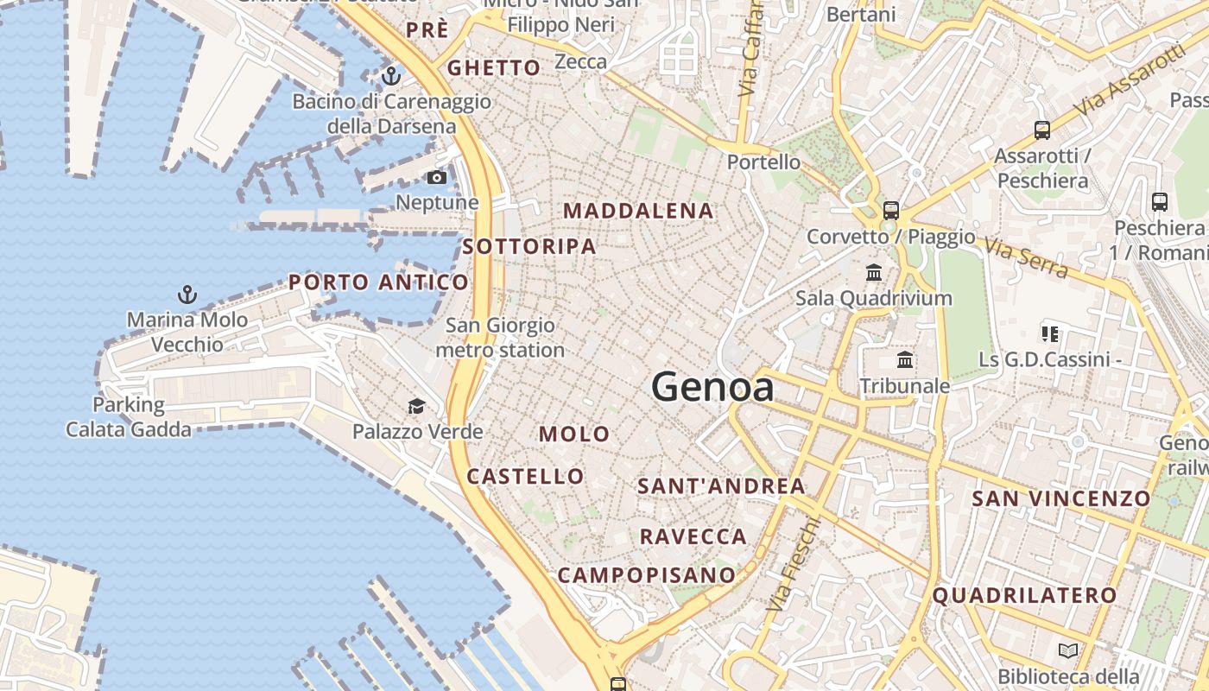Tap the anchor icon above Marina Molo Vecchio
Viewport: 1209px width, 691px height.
click(187, 295)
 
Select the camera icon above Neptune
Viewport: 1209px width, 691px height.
click(437, 178)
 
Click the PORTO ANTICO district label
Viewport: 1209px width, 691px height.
click(378, 282)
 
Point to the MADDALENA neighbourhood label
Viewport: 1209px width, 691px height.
click(638, 211)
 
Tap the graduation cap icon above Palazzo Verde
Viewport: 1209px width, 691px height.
click(417, 406)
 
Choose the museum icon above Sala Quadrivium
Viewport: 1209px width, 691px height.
click(874, 273)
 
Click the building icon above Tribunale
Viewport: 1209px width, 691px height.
click(905, 359)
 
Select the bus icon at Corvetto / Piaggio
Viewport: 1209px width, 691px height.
click(890, 211)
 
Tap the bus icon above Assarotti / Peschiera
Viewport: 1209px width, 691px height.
click(1042, 130)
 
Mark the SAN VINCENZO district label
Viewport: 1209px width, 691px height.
click(1061, 498)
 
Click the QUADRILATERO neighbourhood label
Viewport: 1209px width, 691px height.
click(1024, 595)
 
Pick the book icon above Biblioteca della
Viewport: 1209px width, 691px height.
click(1068, 650)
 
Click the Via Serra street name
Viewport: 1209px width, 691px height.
click(1026, 257)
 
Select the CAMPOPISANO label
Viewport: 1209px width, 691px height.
click(647, 574)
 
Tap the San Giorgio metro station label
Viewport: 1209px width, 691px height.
click(500, 338)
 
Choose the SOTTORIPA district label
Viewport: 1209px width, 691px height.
click(529, 246)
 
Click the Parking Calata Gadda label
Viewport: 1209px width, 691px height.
click(129, 416)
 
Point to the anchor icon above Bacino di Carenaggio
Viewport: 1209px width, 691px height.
click(391, 76)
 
